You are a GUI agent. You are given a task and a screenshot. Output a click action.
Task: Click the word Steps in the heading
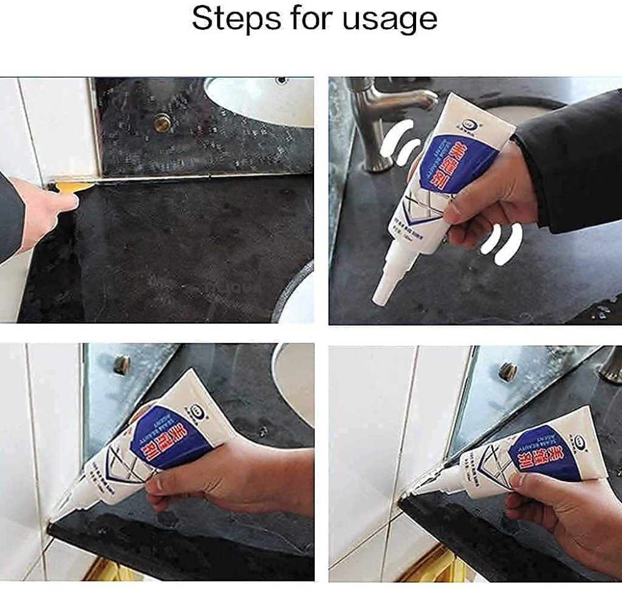pyautogui.click(x=224, y=19)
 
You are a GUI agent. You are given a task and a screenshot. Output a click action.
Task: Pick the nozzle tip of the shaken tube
pyautogui.click(x=378, y=297)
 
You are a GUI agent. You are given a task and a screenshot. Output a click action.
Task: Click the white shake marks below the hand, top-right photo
pyautogui.click(x=502, y=243)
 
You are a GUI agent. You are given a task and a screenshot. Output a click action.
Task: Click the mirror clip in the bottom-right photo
pyautogui.click(x=507, y=370)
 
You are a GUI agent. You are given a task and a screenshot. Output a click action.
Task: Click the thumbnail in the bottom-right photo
pyautogui.click(x=521, y=481)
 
